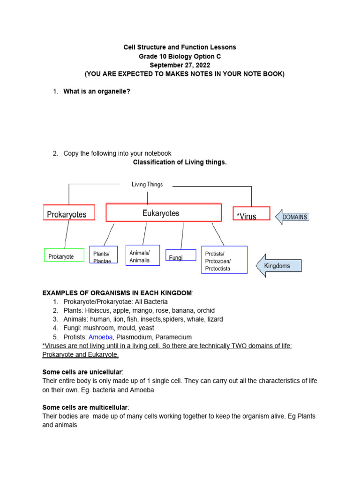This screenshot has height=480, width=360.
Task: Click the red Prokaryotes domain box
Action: tap(69, 214)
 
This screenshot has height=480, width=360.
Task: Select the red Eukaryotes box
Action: tap(164, 212)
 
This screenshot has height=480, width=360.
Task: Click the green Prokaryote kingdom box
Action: tap(64, 255)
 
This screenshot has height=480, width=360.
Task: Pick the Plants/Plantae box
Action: tap(103, 255)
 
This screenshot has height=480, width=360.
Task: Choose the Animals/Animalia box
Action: tap(142, 255)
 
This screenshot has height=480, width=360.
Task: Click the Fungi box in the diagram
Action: tap(180, 256)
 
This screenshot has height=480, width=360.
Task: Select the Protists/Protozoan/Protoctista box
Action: tap(224, 260)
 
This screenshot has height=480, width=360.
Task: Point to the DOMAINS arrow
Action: tap(292, 217)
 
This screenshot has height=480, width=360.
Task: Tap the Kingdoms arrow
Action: tap(278, 266)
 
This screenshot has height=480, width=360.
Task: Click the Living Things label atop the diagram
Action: tap(147, 185)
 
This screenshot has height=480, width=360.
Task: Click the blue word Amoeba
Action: tap(101, 337)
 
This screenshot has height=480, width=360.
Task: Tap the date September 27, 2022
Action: tap(180, 65)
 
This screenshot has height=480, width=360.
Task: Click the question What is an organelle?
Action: tap(97, 91)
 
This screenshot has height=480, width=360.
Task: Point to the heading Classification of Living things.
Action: tap(180, 162)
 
